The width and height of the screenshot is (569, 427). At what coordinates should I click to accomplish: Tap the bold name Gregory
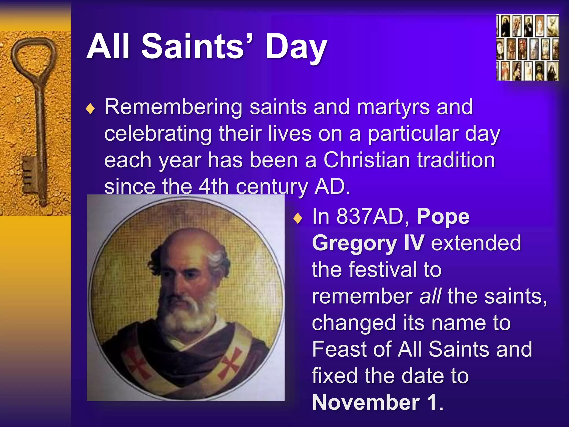[355, 243]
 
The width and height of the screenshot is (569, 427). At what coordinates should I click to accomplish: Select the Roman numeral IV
[414, 242]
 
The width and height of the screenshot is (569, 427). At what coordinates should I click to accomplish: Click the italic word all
[430, 296]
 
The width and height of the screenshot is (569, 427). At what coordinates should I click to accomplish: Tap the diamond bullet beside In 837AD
[298, 218]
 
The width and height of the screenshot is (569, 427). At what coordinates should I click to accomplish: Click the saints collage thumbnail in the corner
[528, 48]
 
